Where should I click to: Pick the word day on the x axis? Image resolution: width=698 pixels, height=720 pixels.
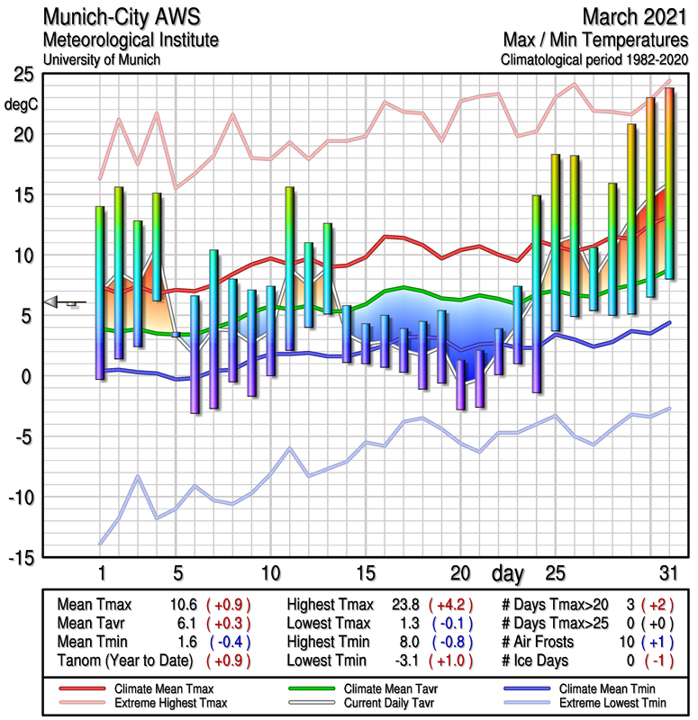(x=512, y=572)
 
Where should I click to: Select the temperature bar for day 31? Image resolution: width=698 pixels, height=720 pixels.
(x=669, y=184)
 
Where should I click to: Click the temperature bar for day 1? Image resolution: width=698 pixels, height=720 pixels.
(x=100, y=292)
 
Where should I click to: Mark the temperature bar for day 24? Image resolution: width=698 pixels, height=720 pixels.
(x=537, y=293)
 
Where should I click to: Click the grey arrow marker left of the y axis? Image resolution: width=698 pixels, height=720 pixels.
(x=56, y=302)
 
